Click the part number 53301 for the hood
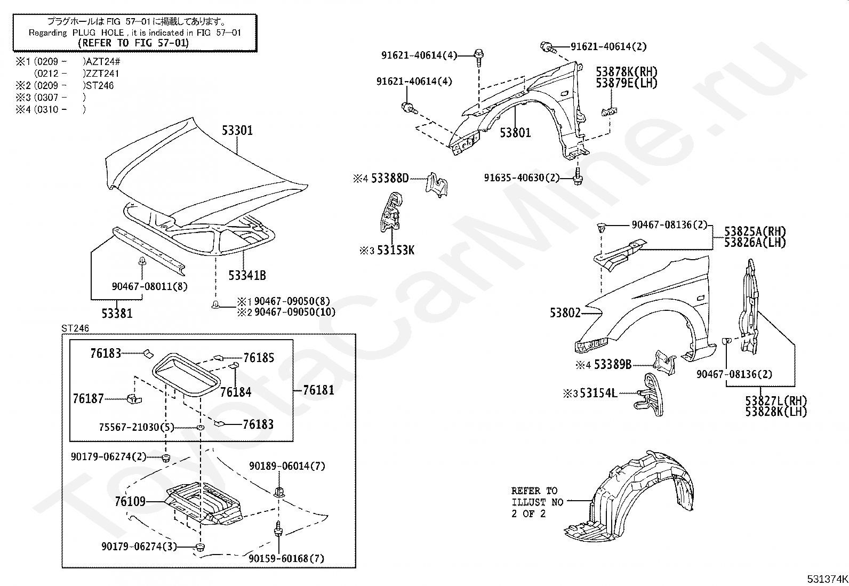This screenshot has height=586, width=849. (237, 131)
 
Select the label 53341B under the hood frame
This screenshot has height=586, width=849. (247, 276)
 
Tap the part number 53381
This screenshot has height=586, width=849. (117, 314)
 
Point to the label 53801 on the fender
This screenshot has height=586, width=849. (515, 133)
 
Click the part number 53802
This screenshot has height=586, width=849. (565, 312)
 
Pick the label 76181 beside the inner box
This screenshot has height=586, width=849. (319, 390)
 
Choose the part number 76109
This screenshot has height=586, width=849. (130, 501)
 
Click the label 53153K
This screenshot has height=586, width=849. (396, 250)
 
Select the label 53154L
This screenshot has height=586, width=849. (598, 393)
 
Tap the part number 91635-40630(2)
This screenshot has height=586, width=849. (522, 178)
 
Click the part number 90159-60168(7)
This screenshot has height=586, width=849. (286, 558)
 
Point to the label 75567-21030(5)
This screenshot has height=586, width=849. (137, 427)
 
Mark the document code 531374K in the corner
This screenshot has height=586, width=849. (827, 579)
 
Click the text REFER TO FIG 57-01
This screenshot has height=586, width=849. (133, 43)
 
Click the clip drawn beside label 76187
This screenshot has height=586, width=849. (134, 398)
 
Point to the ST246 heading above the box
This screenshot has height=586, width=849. (75, 328)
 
